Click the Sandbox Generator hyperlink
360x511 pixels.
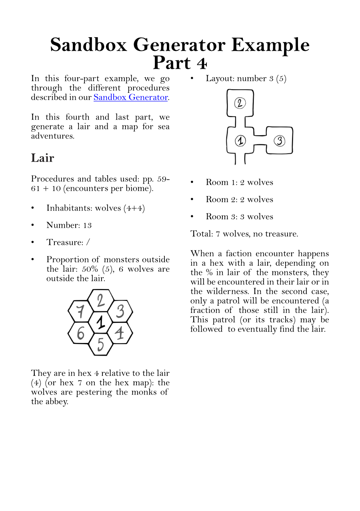pos(130,97)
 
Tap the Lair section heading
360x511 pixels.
pos(42,158)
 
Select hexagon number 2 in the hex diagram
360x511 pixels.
pos(101,300)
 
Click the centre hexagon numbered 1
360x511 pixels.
pos(100,323)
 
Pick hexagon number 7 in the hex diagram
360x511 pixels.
pos(80,311)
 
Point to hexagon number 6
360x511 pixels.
pos(80,333)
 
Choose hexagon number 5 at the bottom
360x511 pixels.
pos(100,344)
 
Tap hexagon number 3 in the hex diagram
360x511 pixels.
pos(120,311)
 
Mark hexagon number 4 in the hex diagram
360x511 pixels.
pos(120,333)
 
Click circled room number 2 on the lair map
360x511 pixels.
pos(240,103)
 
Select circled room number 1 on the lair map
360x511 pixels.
pos(240,141)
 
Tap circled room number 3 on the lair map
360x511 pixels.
pos(280,141)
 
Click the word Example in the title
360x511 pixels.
pos(270,45)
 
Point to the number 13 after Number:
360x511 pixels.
pos(87,225)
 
